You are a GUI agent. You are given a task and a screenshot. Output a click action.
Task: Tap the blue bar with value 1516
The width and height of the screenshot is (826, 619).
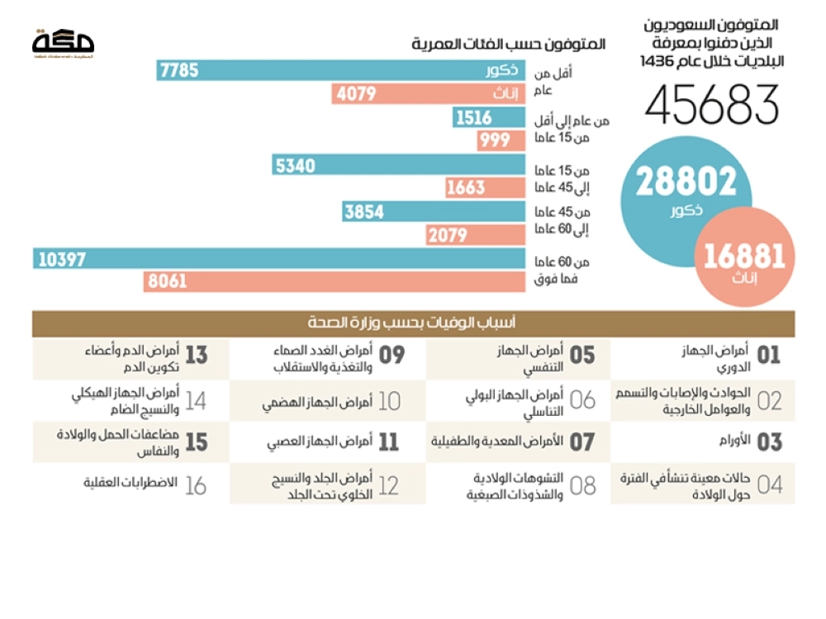click(x=489, y=118)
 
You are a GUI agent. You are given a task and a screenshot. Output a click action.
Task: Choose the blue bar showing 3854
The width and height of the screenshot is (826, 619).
click(x=434, y=212)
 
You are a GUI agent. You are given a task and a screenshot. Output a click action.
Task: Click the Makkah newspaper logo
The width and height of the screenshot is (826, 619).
click(x=63, y=42)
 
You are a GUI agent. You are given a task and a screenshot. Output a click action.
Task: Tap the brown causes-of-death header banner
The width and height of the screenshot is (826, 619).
click(x=413, y=324)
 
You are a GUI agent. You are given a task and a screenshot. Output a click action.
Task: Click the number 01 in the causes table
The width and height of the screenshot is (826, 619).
click(x=768, y=356)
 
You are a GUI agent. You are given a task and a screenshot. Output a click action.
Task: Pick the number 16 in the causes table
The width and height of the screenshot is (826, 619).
click(x=196, y=484)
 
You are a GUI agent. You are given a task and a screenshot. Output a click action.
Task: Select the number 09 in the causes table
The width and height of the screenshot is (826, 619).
click(x=392, y=356)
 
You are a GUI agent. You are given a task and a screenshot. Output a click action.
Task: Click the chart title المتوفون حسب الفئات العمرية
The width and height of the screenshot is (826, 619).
click(x=508, y=44)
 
